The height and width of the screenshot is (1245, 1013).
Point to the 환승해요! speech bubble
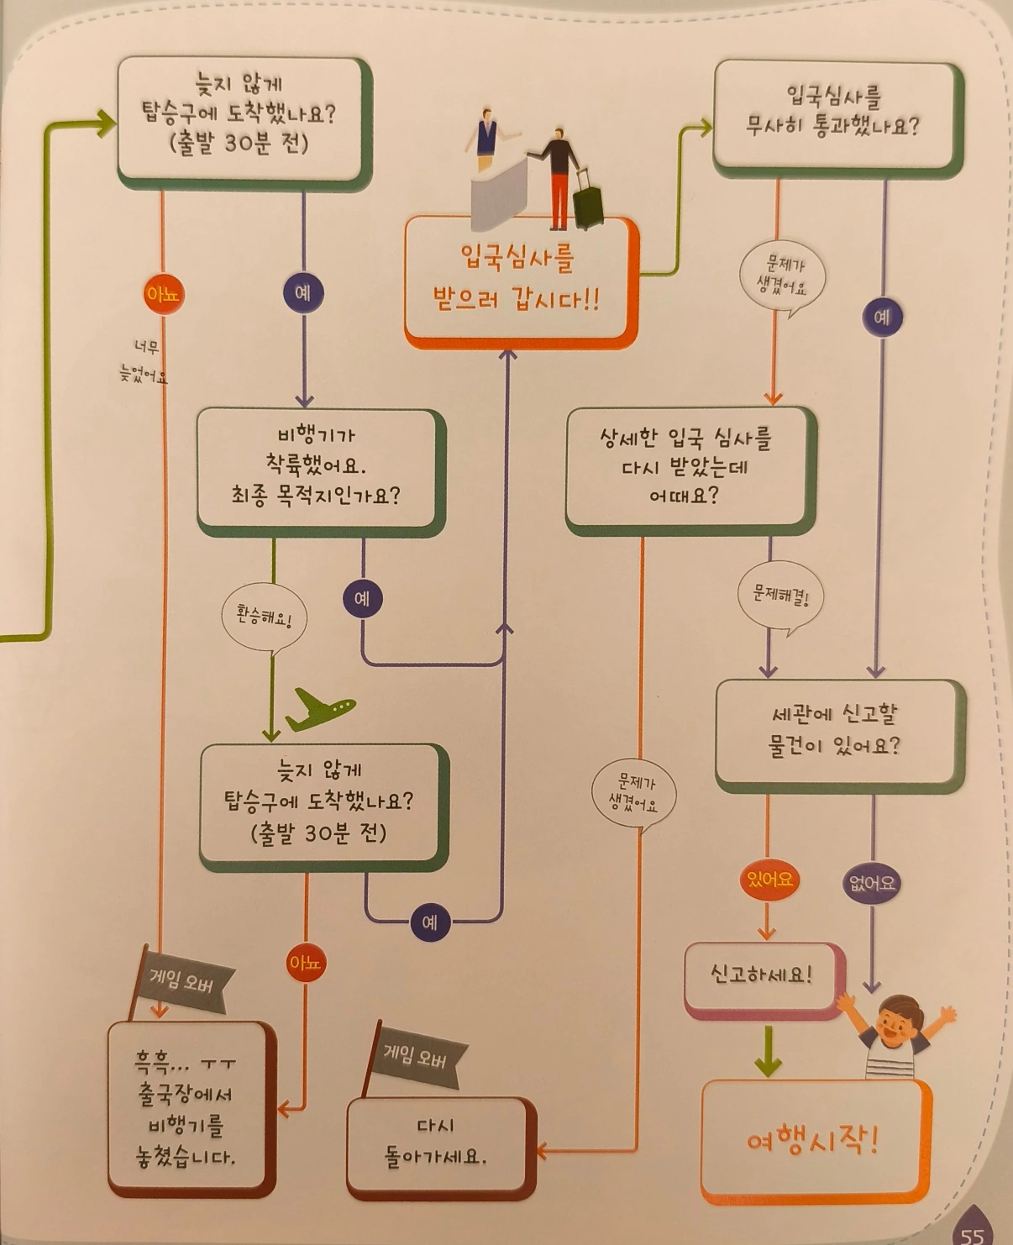(x=264, y=617)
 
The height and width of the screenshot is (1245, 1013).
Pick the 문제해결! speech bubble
(x=780, y=596)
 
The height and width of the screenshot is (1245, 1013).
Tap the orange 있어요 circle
(x=769, y=880)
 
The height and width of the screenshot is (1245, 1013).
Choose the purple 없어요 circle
(x=871, y=883)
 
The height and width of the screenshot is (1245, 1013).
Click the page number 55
(x=973, y=1233)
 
